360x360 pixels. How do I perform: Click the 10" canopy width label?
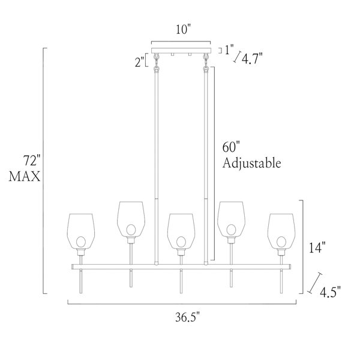184,29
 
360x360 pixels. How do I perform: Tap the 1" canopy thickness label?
229,50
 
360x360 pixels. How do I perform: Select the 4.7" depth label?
253,59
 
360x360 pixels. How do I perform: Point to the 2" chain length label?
139,62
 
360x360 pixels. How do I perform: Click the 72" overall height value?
32,160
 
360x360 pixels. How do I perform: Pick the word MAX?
25,176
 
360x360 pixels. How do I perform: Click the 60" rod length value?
231,147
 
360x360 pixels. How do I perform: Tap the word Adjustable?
252,163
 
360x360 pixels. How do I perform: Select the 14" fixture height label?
317,248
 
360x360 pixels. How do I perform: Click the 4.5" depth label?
331,292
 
